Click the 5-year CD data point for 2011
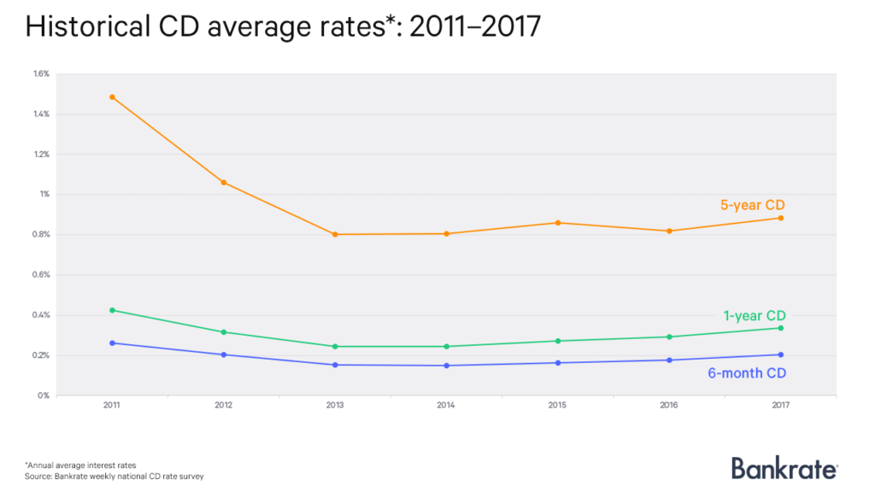[x=112, y=97]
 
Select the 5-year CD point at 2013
[x=335, y=234]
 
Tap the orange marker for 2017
[x=780, y=218]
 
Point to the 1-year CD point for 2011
[x=112, y=310]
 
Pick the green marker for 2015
[x=557, y=341]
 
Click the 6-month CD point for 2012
[x=223, y=354]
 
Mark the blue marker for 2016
[x=669, y=360]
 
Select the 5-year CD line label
[x=751, y=205]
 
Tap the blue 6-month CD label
[x=747, y=373]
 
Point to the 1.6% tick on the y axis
[x=42, y=73]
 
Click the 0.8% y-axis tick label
[x=42, y=235]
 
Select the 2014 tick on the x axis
[x=446, y=407]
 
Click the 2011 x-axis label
[x=112, y=407]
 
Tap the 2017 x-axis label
[x=780, y=407]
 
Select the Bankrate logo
[x=784, y=467]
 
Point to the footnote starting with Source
[x=115, y=476]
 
